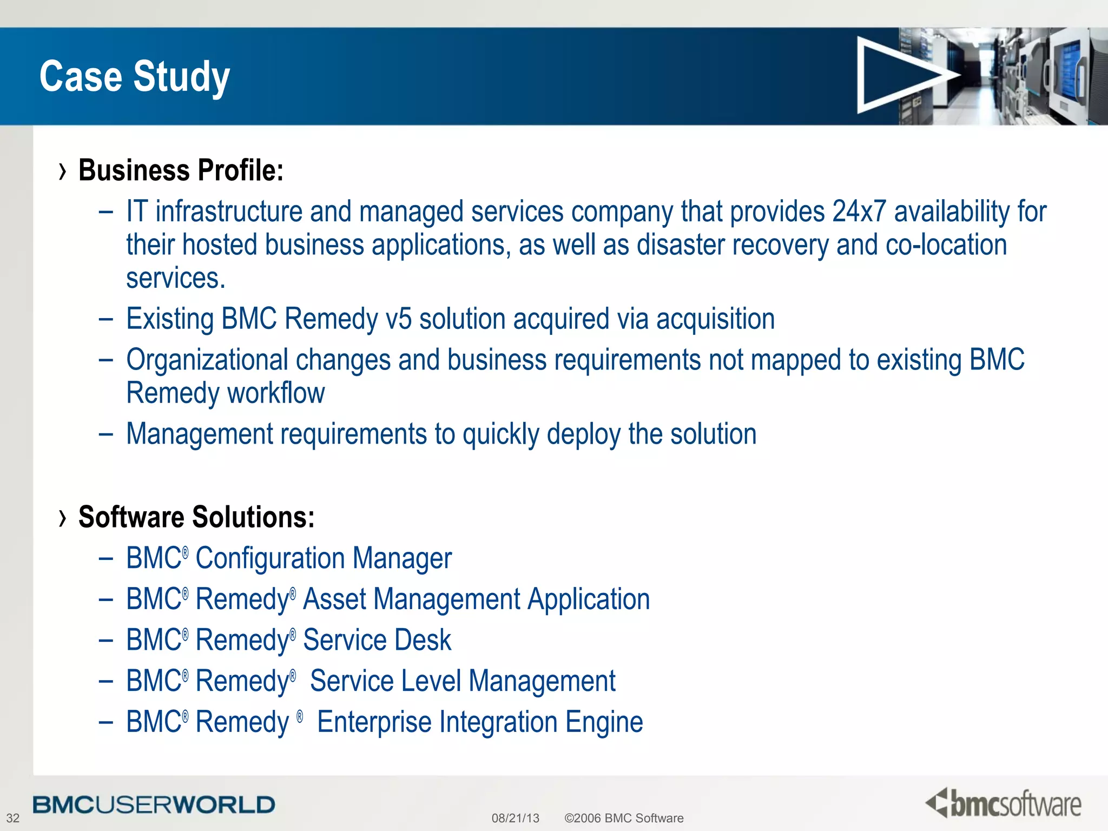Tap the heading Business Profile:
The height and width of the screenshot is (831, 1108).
pyautogui.click(x=181, y=170)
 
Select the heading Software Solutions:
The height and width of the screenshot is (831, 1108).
pyautogui.click(x=196, y=517)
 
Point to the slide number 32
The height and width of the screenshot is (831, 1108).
pyautogui.click(x=12, y=817)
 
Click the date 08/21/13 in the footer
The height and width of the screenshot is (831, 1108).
pyautogui.click(x=515, y=818)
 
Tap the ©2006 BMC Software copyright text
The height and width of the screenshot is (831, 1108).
pyautogui.click(x=624, y=818)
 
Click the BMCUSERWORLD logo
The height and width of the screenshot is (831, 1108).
pyautogui.click(x=154, y=804)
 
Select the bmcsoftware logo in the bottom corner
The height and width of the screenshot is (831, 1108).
pyautogui.click(x=1004, y=803)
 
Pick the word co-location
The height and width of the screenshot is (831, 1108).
pyautogui.click(x=946, y=245)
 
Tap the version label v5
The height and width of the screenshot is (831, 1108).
pyautogui.click(x=398, y=319)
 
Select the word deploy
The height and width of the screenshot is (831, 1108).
pyautogui.click(x=583, y=434)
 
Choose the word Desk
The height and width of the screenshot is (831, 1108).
pyautogui.click(x=423, y=640)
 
